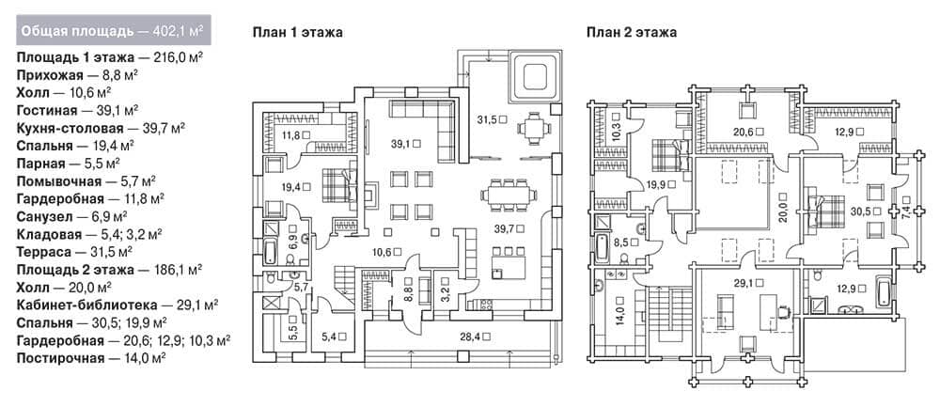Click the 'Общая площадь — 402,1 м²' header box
(114, 31)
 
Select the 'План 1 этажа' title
(297, 32)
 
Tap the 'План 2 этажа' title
(632, 32)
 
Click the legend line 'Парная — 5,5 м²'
(69, 163)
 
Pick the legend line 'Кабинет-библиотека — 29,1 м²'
(117, 305)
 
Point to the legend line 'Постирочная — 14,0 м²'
(91, 358)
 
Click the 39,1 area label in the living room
(406, 143)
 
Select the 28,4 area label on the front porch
(476, 337)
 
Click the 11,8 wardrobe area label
(296, 134)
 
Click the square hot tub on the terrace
(534, 77)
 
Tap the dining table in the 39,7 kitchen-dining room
(509, 195)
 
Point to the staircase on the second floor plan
(665, 314)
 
